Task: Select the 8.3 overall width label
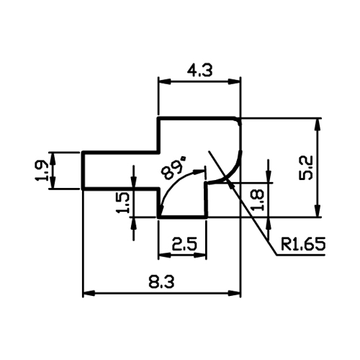[x=161, y=282]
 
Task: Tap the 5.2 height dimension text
[x=306, y=167]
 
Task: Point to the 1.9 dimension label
[x=42, y=171]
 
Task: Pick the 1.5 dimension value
[x=123, y=202]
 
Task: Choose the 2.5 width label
[x=184, y=244]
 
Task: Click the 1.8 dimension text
[x=258, y=200]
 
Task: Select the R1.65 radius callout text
[x=303, y=244]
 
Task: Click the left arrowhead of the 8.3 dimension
[x=89, y=293]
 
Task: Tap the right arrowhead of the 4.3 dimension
[x=234, y=82]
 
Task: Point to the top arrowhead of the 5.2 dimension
[x=318, y=125]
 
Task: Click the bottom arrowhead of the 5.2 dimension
[x=318, y=211]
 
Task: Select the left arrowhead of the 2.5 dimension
[x=164, y=256]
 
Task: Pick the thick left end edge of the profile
[x=83, y=171]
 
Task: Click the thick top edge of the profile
[x=197, y=118]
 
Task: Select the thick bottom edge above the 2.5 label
[x=182, y=217]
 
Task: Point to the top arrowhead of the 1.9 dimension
[x=53, y=158]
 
